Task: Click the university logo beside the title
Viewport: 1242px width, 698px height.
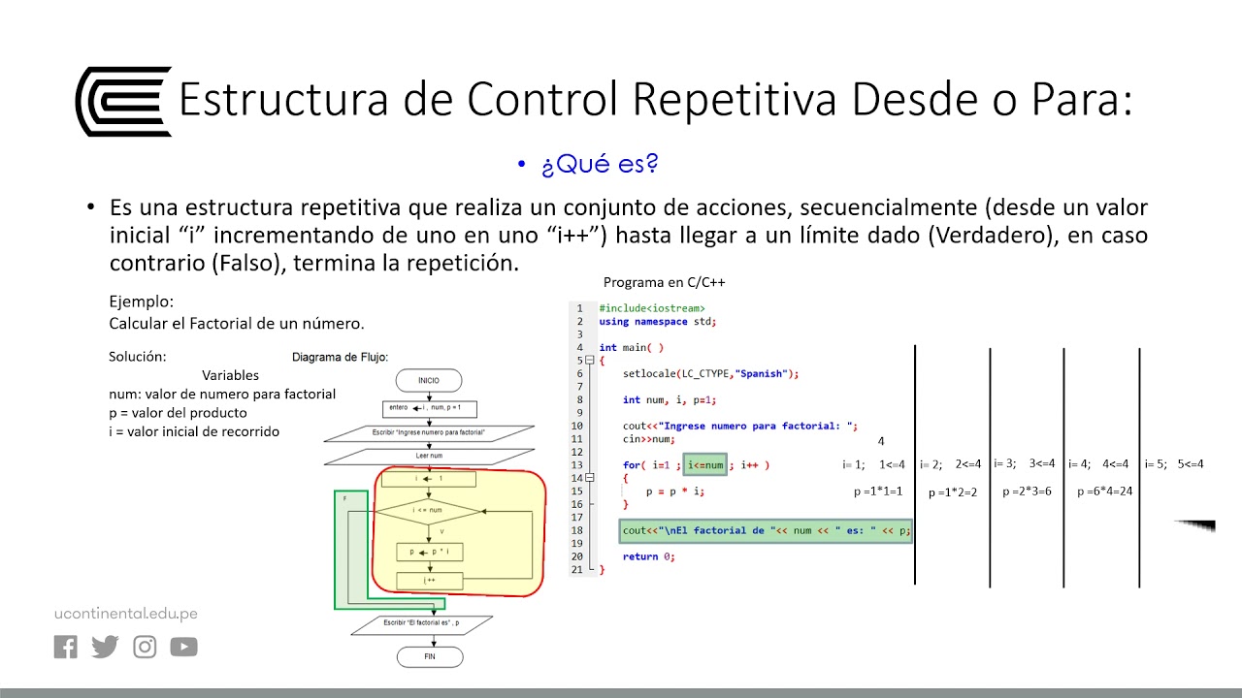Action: tap(123, 101)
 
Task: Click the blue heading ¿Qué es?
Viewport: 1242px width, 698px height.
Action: tap(600, 165)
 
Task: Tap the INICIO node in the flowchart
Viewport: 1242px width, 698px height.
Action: tap(428, 381)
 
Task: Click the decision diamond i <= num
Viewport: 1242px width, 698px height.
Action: tap(428, 510)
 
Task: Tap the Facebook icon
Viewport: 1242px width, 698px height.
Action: tap(66, 647)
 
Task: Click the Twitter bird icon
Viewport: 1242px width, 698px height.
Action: tap(105, 647)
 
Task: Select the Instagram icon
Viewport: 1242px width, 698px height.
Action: tap(145, 647)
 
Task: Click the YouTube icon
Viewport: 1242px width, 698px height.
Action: tap(183, 647)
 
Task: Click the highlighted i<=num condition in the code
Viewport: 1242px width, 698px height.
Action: tap(705, 465)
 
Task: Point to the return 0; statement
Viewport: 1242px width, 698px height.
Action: tap(648, 556)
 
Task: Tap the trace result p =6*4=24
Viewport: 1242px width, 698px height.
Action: tap(1104, 492)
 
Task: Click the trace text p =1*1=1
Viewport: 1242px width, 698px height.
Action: tap(878, 492)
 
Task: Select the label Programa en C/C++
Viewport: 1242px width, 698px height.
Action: tap(664, 283)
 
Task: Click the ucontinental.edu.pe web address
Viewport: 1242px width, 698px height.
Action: tap(125, 613)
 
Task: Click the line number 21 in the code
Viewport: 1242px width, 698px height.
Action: tap(578, 569)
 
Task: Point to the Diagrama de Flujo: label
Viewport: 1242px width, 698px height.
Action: tap(340, 357)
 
